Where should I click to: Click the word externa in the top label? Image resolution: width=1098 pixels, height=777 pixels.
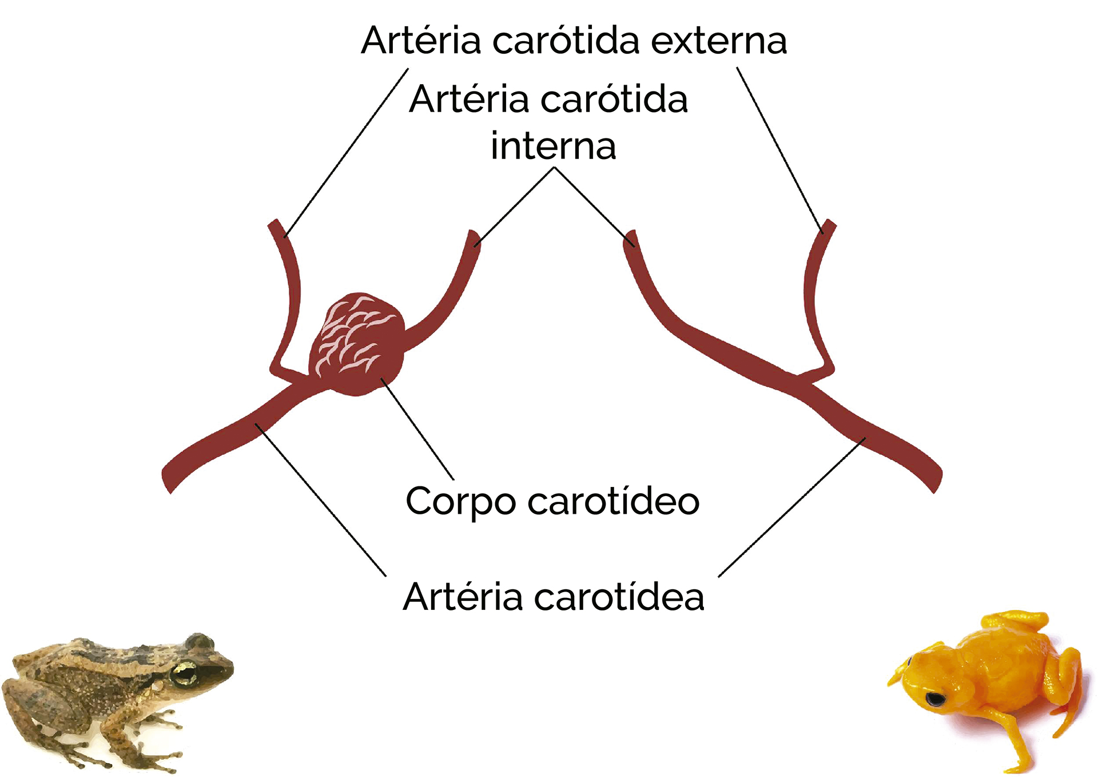click(719, 41)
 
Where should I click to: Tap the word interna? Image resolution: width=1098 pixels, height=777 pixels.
click(553, 146)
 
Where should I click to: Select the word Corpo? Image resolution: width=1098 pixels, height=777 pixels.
click(460, 501)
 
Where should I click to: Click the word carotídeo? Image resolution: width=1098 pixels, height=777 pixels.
click(613, 501)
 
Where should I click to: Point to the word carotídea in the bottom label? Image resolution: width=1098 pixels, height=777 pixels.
click(619, 597)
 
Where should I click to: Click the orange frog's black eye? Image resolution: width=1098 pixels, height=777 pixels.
click(935, 699)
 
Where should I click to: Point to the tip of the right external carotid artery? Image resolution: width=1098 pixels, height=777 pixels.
click(830, 224)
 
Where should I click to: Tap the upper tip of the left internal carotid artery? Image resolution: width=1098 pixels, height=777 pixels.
click(474, 235)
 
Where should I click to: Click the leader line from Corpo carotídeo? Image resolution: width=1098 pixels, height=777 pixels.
click(417, 429)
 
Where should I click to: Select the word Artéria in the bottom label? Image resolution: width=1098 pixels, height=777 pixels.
click(462, 597)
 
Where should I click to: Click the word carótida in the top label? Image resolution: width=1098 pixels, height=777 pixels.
click(565, 41)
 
